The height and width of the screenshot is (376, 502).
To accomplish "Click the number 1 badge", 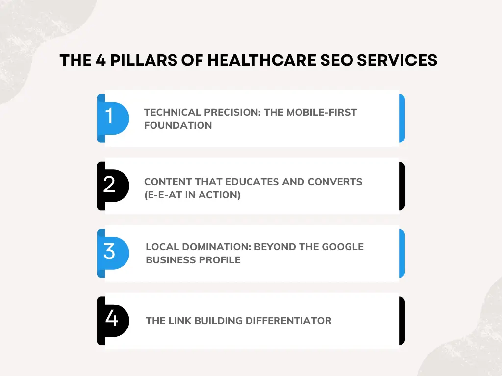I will [110, 117].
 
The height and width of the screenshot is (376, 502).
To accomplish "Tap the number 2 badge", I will [110, 185].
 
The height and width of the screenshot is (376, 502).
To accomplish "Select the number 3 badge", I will [110, 252].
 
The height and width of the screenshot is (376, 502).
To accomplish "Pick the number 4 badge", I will [111, 319].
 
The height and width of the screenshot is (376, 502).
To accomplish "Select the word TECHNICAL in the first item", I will [172, 112].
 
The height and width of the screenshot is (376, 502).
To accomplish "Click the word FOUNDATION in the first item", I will [178, 125].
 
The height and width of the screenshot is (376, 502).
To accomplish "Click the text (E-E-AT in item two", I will [164, 195].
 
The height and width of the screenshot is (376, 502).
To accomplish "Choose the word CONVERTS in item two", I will [335, 182].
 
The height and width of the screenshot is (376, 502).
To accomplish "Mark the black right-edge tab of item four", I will [402, 321].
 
